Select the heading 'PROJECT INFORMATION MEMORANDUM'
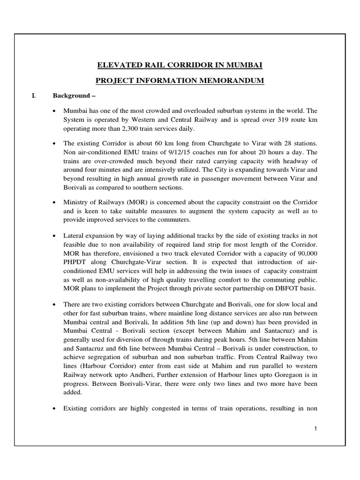(x=180, y=81)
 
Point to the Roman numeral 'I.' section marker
(x=33, y=96)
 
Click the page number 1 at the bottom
(x=317, y=428)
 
